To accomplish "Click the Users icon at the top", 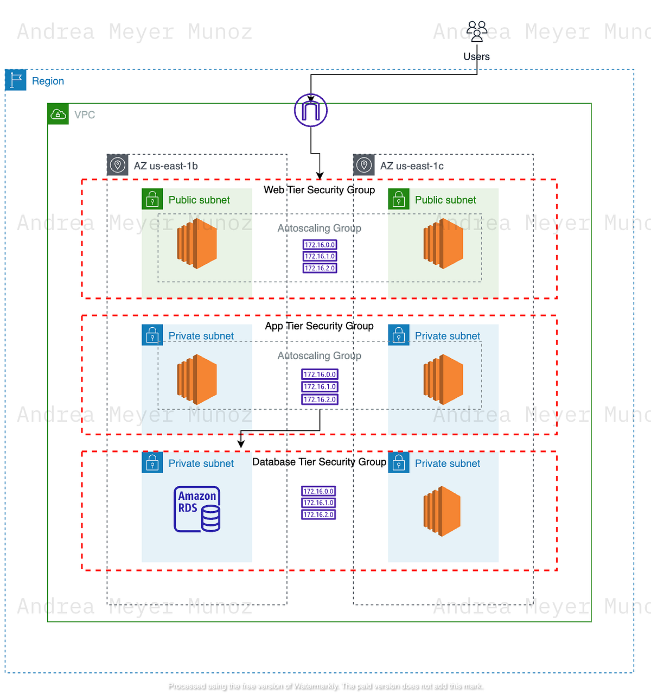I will pyautogui.click(x=477, y=31).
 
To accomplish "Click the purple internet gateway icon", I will pyautogui.click(x=311, y=111).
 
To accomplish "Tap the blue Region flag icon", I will pyautogui.click(x=16, y=80).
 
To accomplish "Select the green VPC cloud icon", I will pyautogui.click(x=58, y=114).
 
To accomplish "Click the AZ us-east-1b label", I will pyautogui.click(x=165, y=166).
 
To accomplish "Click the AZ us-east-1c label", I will pyautogui.click(x=412, y=166).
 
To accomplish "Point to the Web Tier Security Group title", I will pyautogui.click(x=319, y=190).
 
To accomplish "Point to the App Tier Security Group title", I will pyautogui.click(x=319, y=326).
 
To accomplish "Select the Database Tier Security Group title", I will pyautogui.click(x=319, y=462).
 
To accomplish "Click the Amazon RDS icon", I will pyautogui.click(x=197, y=509).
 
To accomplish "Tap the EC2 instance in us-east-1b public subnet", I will pyautogui.click(x=197, y=243).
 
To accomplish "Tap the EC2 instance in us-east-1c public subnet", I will pyautogui.click(x=443, y=243).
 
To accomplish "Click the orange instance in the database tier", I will pyautogui.click(x=442, y=511).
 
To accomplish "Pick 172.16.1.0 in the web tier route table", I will pyautogui.click(x=320, y=256).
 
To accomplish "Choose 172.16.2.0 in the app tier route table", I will pyautogui.click(x=320, y=399).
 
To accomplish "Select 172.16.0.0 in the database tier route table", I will pyautogui.click(x=318, y=491).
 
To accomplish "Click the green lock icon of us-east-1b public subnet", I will pyautogui.click(x=152, y=199).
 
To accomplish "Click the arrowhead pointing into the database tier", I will pyautogui.click(x=241, y=444).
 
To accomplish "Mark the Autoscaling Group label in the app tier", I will pyautogui.click(x=319, y=355).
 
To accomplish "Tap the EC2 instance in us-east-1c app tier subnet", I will pyautogui.click(x=443, y=379).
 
